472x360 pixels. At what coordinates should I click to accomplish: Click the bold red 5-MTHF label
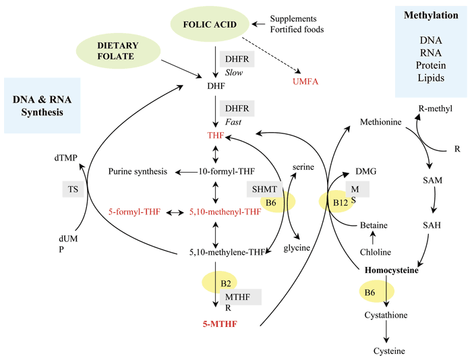(x=220, y=324)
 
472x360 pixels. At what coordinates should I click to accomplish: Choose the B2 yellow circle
(x=214, y=284)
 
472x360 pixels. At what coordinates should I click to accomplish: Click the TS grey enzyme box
(x=73, y=189)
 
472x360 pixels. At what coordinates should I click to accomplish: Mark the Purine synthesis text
(x=137, y=172)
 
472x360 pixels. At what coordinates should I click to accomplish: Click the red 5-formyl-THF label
(x=134, y=212)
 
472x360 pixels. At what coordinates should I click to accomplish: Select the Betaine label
(x=374, y=224)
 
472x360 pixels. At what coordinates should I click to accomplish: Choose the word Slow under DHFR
(x=234, y=73)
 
